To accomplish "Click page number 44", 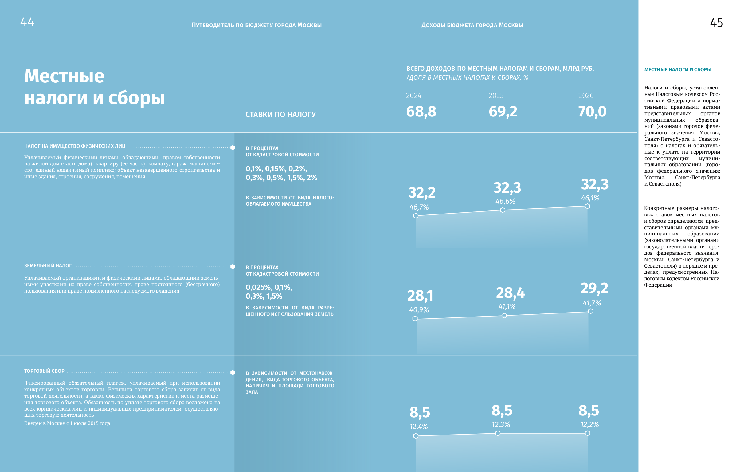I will [27, 22].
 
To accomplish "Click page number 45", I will [716, 23].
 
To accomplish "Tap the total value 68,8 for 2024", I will [421, 112].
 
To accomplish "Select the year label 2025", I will [496, 96].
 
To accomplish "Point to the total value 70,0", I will [592, 112].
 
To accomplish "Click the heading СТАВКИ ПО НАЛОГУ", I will [280, 115].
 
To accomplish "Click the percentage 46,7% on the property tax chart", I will [419, 207].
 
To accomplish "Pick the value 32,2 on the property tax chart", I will [422, 193].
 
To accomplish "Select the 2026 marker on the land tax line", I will [590, 311].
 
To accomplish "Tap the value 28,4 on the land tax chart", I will [510, 293].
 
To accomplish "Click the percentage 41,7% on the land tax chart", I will [592, 303].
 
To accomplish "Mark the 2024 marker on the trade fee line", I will [416, 436].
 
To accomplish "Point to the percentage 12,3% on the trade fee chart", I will [500, 424].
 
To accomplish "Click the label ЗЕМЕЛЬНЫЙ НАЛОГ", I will [48, 266].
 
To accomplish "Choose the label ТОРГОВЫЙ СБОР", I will [44, 371].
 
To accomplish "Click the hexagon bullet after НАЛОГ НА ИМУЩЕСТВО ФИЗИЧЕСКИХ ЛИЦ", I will [233, 148].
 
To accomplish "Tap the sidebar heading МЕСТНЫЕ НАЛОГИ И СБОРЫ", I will [678, 70].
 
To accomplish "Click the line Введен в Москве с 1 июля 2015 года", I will [67, 423].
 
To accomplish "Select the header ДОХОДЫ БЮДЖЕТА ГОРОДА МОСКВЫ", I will [472, 25].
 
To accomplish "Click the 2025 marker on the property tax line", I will [503, 210].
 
